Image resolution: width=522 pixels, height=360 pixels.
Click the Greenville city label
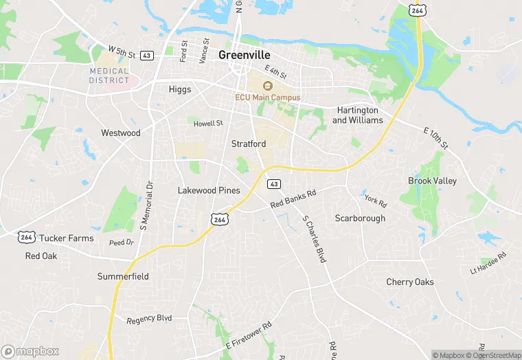click(245, 55)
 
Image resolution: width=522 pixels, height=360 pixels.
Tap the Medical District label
click(109, 76)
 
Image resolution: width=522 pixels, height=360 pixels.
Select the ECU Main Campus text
click(268, 98)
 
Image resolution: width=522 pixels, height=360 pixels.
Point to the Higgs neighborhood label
click(180, 89)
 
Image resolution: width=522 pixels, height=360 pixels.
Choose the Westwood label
click(120, 133)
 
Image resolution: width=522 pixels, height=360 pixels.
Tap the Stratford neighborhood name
click(249, 144)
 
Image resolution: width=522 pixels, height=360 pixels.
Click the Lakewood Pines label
click(209, 190)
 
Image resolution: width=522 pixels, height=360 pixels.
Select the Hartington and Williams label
click(358, 115)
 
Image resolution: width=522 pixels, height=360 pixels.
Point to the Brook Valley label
click(432, 181)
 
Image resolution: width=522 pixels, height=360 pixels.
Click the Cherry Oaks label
click(410, 282)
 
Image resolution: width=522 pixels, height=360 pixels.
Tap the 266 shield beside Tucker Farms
click(26, 237)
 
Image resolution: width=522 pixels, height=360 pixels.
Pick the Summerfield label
click(123, 277)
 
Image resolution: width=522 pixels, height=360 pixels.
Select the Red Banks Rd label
click(293, 199)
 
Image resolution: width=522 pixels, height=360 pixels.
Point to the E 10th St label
click(435, 137)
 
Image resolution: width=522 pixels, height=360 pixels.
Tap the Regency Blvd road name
click(149, 319)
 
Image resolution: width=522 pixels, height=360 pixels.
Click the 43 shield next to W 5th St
click(146, 55)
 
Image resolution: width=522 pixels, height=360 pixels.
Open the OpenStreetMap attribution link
click(493, 355)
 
